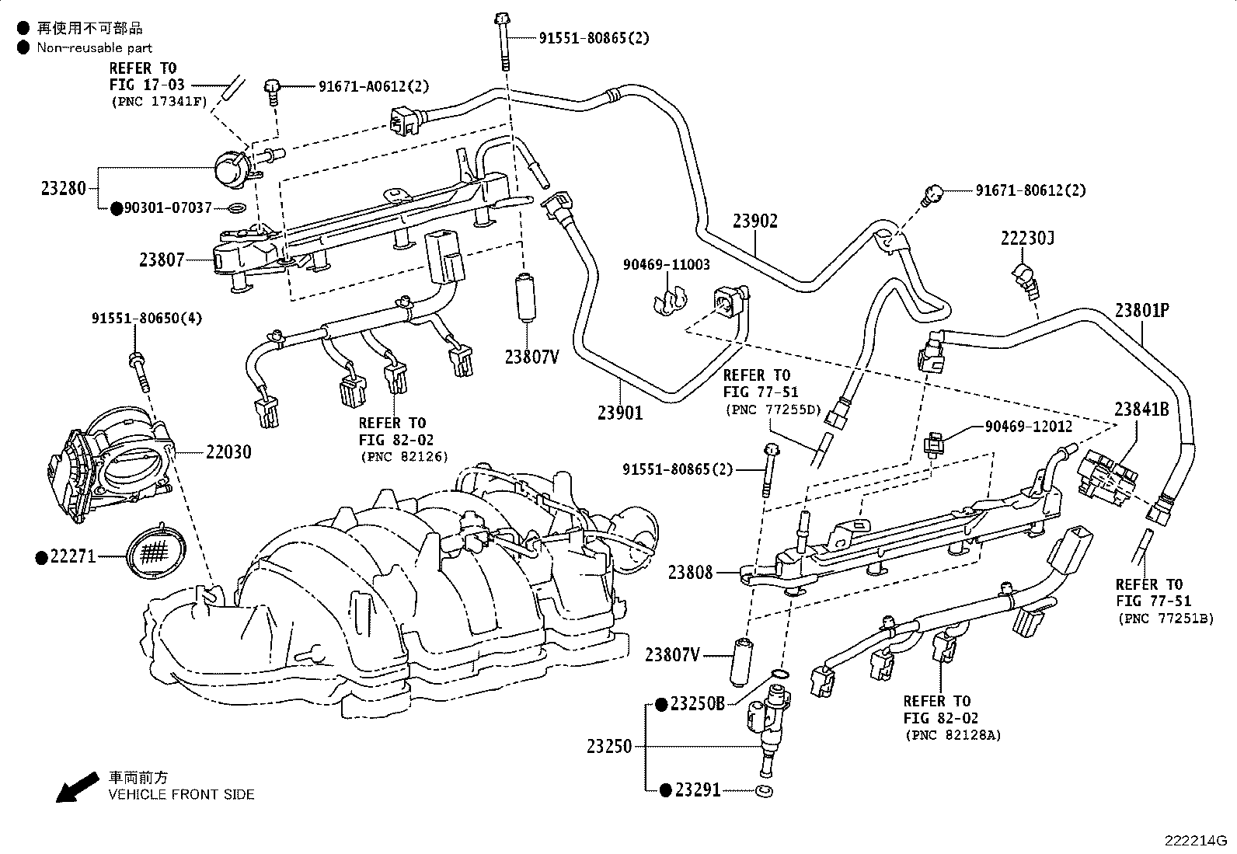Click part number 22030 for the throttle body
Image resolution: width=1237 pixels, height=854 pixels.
(228, 451)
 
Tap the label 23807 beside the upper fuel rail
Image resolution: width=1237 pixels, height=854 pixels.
(162, 260)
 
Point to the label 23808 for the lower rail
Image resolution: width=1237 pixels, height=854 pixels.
(690, 573)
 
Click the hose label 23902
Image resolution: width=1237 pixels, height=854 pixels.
(754, 221)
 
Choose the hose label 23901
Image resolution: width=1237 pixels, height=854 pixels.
(620, 413)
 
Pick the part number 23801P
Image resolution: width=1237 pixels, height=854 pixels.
(1142, 310)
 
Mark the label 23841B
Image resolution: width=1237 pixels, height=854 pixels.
(1141, 410)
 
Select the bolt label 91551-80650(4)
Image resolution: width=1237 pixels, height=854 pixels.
(147, 319)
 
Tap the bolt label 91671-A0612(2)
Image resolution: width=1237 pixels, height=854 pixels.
(373, 87)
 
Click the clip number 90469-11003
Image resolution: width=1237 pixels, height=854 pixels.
(666, 265)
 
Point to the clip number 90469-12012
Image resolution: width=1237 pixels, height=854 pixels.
(1029, 426)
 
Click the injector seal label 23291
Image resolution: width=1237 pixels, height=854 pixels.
(697, 790)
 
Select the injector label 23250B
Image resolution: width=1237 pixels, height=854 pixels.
(697, 704)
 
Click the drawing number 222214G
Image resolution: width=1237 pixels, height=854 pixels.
(1195, 841)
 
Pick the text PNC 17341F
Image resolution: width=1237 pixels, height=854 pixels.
(160, 101)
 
